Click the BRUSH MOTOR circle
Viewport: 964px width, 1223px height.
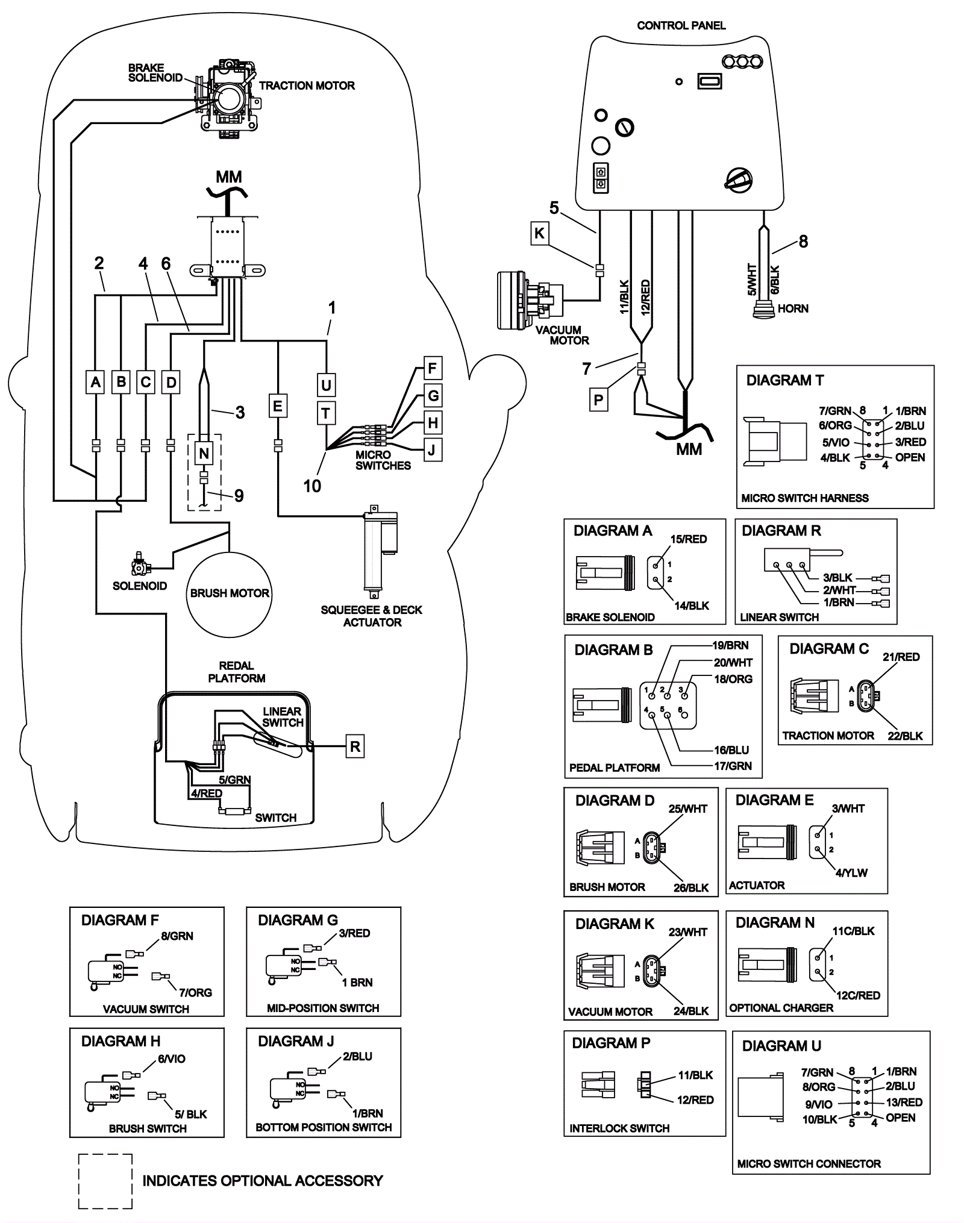230,593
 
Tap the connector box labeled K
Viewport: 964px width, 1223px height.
539,233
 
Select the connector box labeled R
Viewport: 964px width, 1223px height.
355,746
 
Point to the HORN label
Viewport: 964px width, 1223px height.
793,308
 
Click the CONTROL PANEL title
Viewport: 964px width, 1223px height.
681,25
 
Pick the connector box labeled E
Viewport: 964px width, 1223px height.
277,405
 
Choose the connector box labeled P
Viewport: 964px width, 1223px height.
598,399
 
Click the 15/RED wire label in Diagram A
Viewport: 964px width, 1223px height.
689,539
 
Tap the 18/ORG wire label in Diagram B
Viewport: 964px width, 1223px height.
733,679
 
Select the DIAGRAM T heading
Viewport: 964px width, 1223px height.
784,380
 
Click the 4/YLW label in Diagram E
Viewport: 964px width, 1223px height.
851,873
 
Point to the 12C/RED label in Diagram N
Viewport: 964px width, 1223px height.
857,995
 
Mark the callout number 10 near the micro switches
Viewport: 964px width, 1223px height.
312,486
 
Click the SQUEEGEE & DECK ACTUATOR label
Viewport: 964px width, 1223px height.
372,616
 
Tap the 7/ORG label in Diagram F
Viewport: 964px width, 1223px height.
195,992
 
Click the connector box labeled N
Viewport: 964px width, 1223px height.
204,453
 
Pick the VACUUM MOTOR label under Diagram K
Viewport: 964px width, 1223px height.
610,1012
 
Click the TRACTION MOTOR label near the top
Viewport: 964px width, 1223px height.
307,86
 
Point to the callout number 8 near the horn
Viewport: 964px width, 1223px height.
803,242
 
